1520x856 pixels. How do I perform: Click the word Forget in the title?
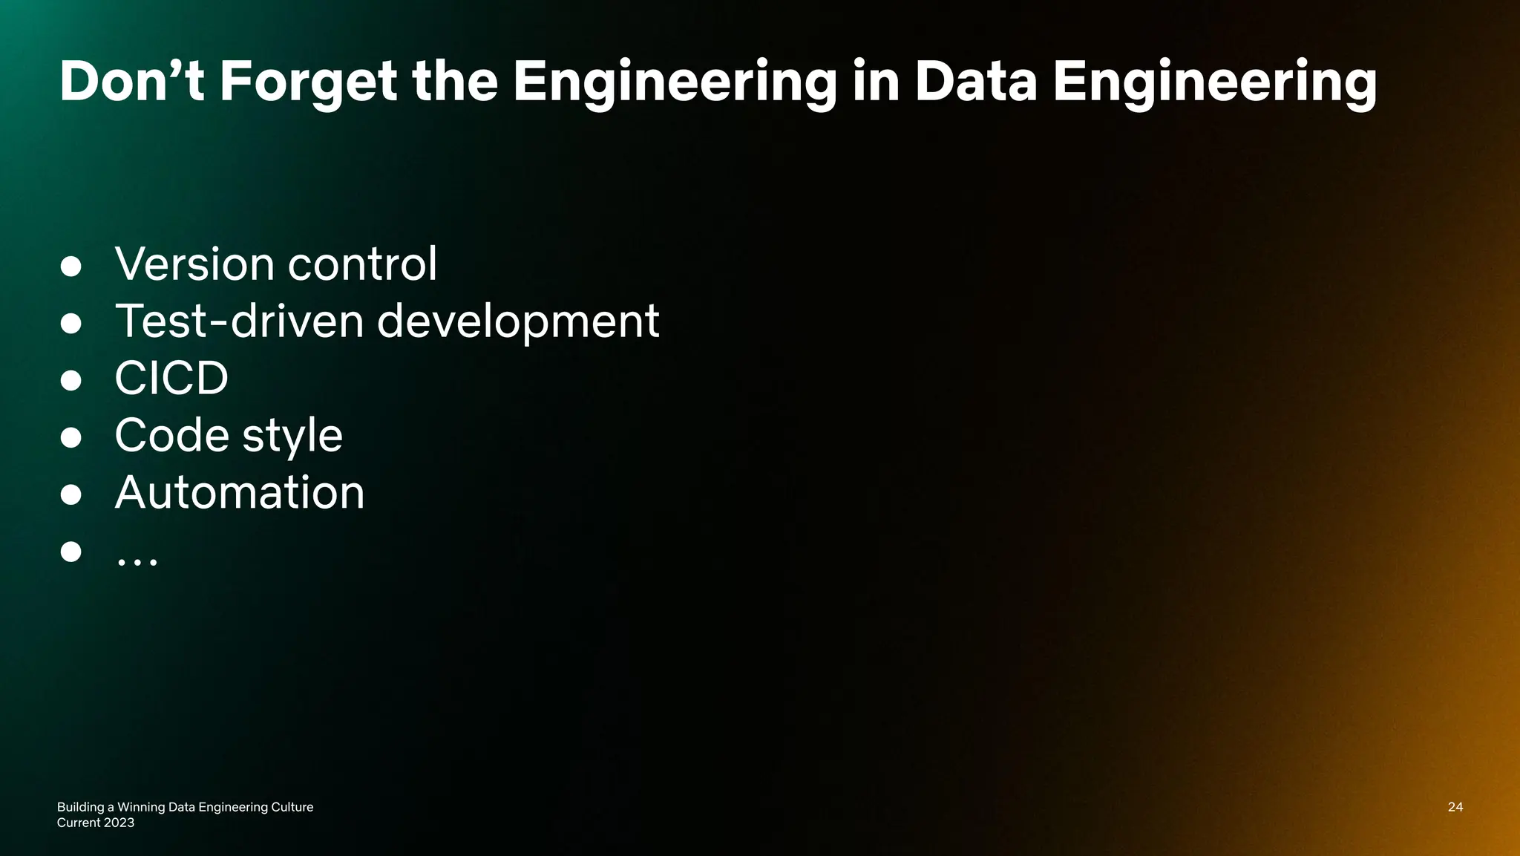coord(308,82)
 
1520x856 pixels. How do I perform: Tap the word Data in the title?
coord(975,82)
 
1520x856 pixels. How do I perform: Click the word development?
coord(518,323)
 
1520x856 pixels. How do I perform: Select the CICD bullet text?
coord(171,379)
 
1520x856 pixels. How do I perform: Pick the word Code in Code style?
coord(171,435)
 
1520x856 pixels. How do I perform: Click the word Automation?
coord(240,492)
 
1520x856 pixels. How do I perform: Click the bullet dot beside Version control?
coord(71,267)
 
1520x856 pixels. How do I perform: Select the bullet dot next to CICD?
coord(71,381)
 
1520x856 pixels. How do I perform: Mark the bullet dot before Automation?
coord(71,494)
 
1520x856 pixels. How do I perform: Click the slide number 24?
coord(1455,807)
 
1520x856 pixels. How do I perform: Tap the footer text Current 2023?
coord(96,823)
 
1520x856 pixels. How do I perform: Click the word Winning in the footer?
coord(141,807)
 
